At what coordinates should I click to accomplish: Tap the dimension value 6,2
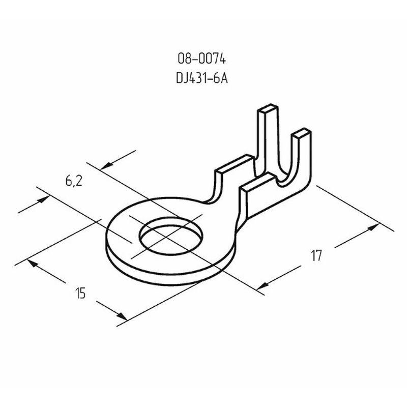(74, 181)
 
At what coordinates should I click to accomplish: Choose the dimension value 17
(316, 255)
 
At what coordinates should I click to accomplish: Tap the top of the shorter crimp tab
(302, 133)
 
